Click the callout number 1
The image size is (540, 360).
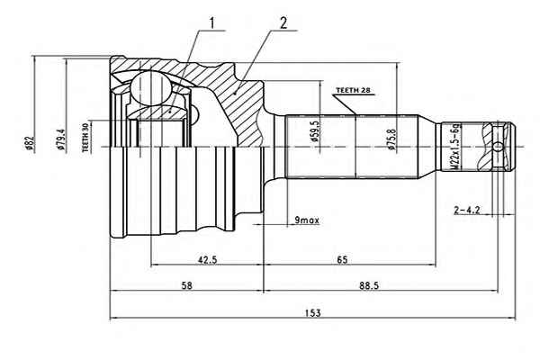(211, 23)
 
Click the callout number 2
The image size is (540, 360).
(283, 23)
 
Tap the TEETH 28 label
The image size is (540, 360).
(353, 90)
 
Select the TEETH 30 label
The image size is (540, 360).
(85, 137)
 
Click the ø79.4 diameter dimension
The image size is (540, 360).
(60, 139)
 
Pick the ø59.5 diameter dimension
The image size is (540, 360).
(315, 131)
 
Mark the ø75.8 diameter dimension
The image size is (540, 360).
(391, 139)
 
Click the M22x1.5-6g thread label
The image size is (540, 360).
(455, 146)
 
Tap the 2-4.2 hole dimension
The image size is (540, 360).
(467, 210)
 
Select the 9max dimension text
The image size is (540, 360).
(307, 220)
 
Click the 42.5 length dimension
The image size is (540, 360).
(207, 259)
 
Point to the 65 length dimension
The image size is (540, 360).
(342, 259)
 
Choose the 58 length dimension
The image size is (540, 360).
(187, 285)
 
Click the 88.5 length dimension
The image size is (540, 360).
(369, 285)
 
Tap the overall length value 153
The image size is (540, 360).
(312, 313)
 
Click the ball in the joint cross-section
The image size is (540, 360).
(150, 88)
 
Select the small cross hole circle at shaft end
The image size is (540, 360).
(498, 147)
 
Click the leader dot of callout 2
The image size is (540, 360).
(236, 93)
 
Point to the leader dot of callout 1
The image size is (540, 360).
(170, 112)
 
